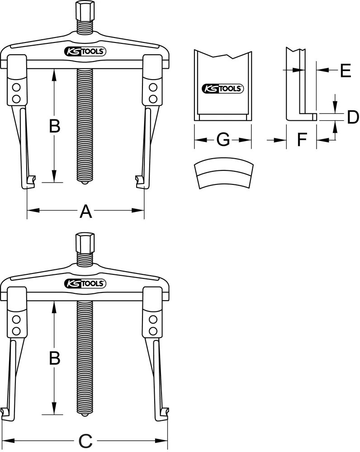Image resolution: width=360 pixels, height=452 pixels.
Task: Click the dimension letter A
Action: click(86, 211)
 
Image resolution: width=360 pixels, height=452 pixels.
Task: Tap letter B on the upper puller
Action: click(54, 126)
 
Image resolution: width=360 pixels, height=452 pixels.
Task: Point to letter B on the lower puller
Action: click(54, 358)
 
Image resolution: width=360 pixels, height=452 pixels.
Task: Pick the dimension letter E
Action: click(345, 70)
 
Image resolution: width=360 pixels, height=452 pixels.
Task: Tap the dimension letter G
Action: click(223, 141)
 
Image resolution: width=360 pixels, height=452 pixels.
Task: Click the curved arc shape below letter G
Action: click(223, 174)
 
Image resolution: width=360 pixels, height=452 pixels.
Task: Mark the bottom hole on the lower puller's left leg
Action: click(16, 331)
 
